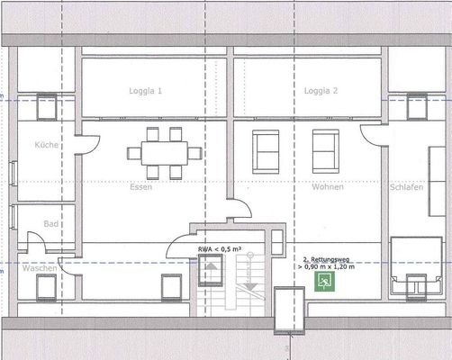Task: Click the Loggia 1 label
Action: pyautogui.click(x=147, y=92)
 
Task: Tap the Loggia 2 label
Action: pyautogui.click(x=320, y=92)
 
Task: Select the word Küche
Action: pyautogui.click(x=46, y=145)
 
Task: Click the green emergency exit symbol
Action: pyautogui.click(x=323, y=281)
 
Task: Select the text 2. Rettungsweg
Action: pyautogui.click(x=324, y=259)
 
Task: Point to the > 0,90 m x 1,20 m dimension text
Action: pyautogui.click(x=325, y=267)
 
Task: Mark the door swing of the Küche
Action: pyautogui.click(x=86, y=144)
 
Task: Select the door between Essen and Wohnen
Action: pyautogui.click(x=236, y=208)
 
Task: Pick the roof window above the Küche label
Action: pyautogui.click(x=46, y=106)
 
